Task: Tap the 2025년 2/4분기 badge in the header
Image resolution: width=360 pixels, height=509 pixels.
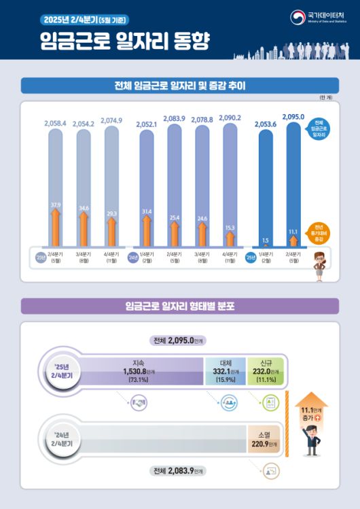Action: point(82,19)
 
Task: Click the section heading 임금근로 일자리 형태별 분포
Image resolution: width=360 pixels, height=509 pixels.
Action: point(179,306)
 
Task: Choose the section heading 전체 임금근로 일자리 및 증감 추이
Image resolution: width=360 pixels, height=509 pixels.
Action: point(179,86)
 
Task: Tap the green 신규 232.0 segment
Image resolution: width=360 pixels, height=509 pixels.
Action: point(265,371)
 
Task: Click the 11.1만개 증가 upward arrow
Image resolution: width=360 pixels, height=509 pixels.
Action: point(312,413)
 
